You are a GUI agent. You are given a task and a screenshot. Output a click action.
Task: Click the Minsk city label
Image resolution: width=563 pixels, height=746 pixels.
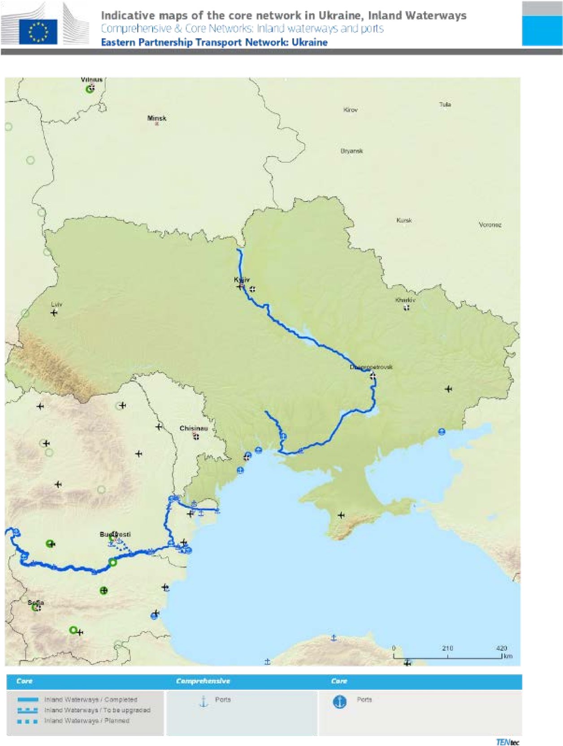coord(157,118)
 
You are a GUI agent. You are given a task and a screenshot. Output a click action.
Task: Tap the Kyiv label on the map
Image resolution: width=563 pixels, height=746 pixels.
coord(242,279)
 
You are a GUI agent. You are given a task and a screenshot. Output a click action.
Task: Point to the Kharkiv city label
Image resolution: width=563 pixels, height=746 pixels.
coord(405,300)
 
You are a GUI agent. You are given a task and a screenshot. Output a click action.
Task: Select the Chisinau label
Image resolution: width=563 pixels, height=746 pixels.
coord(194,428)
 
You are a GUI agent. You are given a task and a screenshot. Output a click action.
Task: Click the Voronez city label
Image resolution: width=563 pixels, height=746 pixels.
coord(490,225)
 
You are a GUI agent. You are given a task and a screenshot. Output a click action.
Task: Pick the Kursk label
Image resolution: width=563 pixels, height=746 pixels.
coord(404,220)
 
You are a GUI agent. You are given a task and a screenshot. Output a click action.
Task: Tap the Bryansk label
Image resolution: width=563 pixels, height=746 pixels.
coord(352,151)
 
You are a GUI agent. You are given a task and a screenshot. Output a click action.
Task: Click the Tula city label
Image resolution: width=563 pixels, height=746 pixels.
coord(445,105)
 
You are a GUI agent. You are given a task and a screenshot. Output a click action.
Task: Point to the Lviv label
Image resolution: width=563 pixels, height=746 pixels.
coord(56,305)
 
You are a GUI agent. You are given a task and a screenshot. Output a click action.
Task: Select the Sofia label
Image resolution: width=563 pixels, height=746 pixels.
coord(36,602)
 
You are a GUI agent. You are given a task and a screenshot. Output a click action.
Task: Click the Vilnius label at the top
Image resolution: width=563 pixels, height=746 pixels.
coord(92,79)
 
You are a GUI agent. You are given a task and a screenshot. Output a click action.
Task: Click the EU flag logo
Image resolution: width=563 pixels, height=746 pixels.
coord(38,31)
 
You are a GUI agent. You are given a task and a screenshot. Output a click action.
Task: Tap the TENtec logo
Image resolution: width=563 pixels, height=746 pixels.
coord(507,742)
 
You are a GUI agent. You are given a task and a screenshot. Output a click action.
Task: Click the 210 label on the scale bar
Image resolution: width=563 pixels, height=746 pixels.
coord(447,648)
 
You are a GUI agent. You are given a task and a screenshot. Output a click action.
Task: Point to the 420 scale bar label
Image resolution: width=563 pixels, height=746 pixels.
coord(502,648)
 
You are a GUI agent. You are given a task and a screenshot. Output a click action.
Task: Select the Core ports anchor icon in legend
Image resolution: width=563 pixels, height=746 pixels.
coord(340,702)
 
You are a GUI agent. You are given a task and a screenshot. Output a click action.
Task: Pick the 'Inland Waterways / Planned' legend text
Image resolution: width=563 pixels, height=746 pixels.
coord(87,720)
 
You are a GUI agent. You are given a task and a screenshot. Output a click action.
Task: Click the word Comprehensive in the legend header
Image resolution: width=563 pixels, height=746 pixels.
coord(203,681)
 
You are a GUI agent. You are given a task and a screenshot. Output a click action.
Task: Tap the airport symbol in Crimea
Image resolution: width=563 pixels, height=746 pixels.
coord(341,515)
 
